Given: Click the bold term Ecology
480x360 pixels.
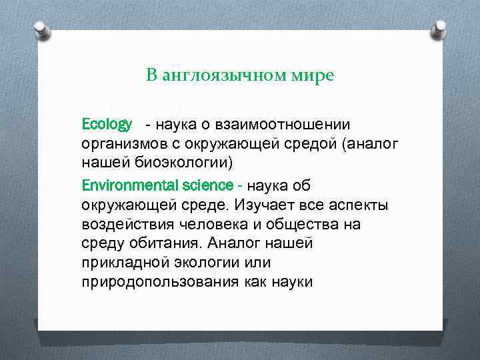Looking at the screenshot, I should pos(107,124).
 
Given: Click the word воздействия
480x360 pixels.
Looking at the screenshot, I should pos(121,224).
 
